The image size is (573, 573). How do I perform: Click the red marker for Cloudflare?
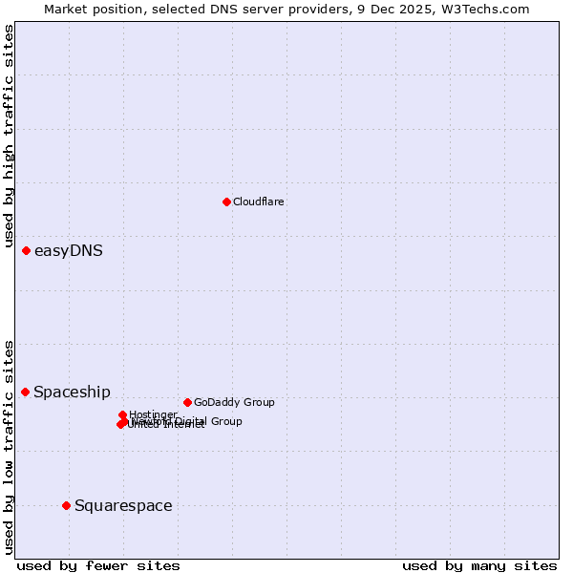coord(226,202)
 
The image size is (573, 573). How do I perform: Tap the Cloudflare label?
coord(259,202)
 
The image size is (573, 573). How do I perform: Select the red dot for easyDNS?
coord(27,250)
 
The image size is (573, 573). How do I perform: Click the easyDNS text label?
coord(69,251)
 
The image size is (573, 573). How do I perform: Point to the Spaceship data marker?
coord(26,392)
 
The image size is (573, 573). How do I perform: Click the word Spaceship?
coord(73,393)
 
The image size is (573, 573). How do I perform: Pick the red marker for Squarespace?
coord(66,505)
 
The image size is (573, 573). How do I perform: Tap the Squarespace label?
coord(123,506)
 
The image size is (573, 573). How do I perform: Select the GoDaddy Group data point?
coord(187,402)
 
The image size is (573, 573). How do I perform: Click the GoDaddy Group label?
coord(234,402)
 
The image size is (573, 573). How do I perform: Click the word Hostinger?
coord(153,414)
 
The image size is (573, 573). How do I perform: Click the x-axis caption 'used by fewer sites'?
coord(98,565)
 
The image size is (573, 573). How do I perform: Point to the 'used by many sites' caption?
coord(479,565)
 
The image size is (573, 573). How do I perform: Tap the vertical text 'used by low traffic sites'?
coord(9,447)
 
